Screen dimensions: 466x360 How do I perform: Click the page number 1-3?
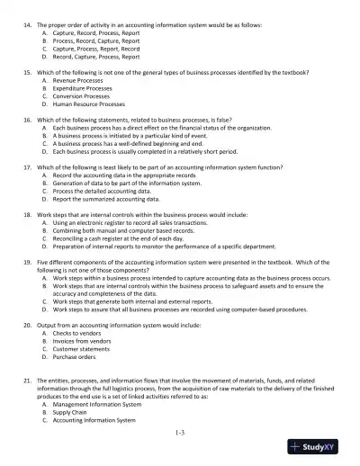coord(180,434)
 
